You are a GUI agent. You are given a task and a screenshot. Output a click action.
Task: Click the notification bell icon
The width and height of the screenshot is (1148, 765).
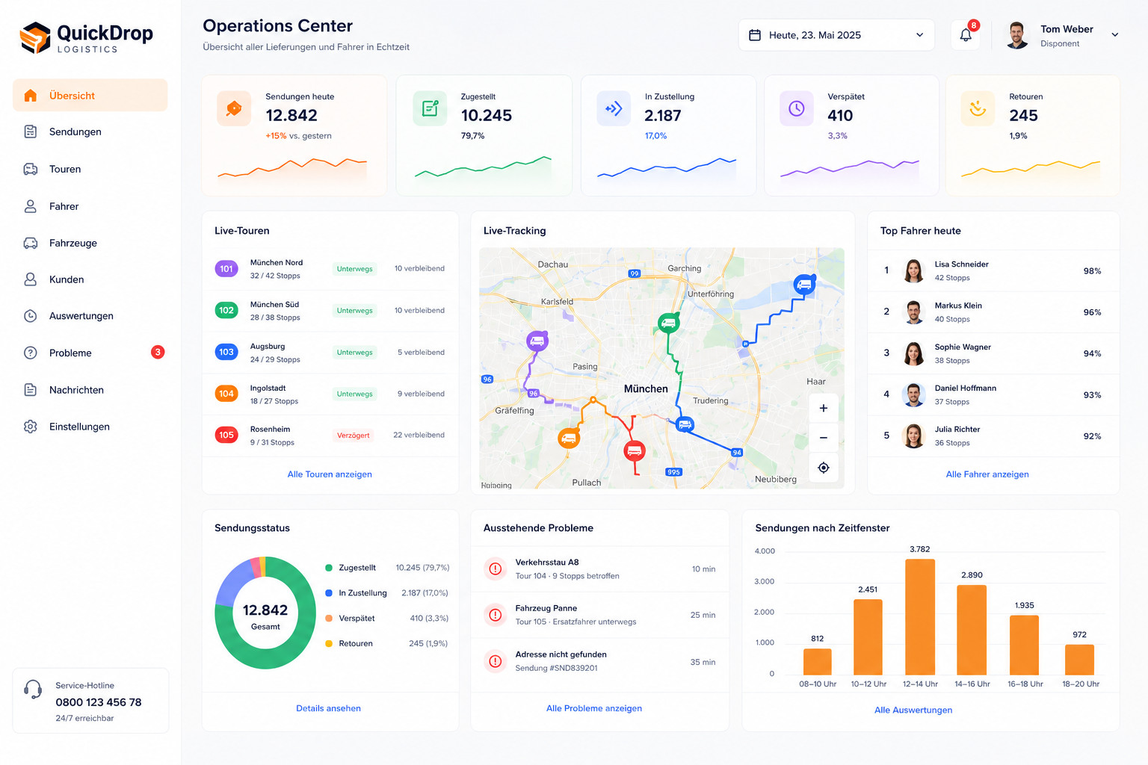(x=966, y=35)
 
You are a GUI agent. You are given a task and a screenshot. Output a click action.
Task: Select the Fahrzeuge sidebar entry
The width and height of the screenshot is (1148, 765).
(x=72, y=243)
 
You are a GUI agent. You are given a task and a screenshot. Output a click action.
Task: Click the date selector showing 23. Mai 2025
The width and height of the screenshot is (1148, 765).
(x=836, y=35)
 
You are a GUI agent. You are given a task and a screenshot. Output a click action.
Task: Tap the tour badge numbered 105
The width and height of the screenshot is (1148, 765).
(x=226, y=435)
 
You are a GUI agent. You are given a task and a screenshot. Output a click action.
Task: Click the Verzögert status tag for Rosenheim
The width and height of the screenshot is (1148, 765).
(x=353, y=435)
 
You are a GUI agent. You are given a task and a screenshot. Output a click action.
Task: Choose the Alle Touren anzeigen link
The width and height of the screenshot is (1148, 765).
(x=330, y=474)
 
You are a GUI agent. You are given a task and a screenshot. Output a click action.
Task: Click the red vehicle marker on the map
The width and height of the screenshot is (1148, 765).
(x=634, y=451)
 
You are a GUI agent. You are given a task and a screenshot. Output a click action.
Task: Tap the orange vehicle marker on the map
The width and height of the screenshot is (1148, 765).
(x=568, y=438)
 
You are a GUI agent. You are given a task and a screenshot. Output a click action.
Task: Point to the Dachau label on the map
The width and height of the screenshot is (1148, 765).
(x=552, y=264)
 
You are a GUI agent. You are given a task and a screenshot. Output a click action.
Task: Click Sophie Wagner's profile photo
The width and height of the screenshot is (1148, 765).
(x=913, y=353)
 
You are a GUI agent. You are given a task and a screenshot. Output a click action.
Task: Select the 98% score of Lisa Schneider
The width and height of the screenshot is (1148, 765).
(x=1092, y=271)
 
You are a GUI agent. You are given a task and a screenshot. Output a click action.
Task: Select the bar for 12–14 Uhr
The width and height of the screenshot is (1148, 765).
(x=920, y=617)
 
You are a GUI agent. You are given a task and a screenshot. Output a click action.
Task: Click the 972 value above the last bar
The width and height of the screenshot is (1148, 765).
(x=1079, y=634)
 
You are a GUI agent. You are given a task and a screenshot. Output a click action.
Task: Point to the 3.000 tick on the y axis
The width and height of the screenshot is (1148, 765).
(x=764, y=581)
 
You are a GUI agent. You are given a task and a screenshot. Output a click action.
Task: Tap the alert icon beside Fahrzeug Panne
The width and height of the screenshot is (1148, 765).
(x=495, y=615)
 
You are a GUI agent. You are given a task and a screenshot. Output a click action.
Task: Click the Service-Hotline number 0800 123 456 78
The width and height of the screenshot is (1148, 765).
(x=99, y=702)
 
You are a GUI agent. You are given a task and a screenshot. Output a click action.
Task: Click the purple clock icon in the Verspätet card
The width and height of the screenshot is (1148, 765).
(x=797, y=108)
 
